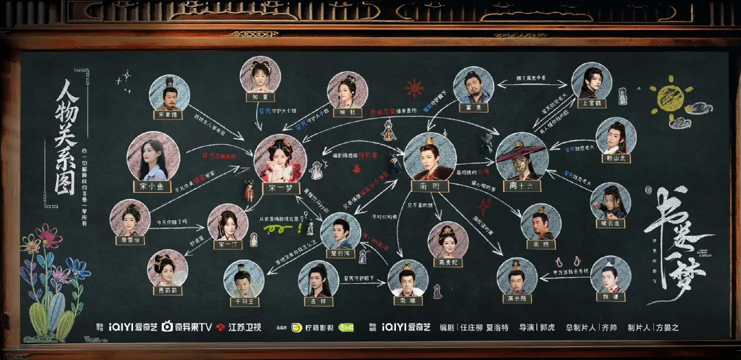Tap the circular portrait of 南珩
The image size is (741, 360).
tap(430, 156)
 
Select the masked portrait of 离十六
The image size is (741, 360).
tap(521, 156)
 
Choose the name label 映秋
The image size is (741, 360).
tap(347, 113)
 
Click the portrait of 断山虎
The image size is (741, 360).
tap(616, 135)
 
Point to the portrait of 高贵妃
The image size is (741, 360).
tap(448, 240)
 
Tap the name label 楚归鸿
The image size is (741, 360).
tap(341, 252)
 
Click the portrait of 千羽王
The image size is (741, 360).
tap(244, 279)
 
